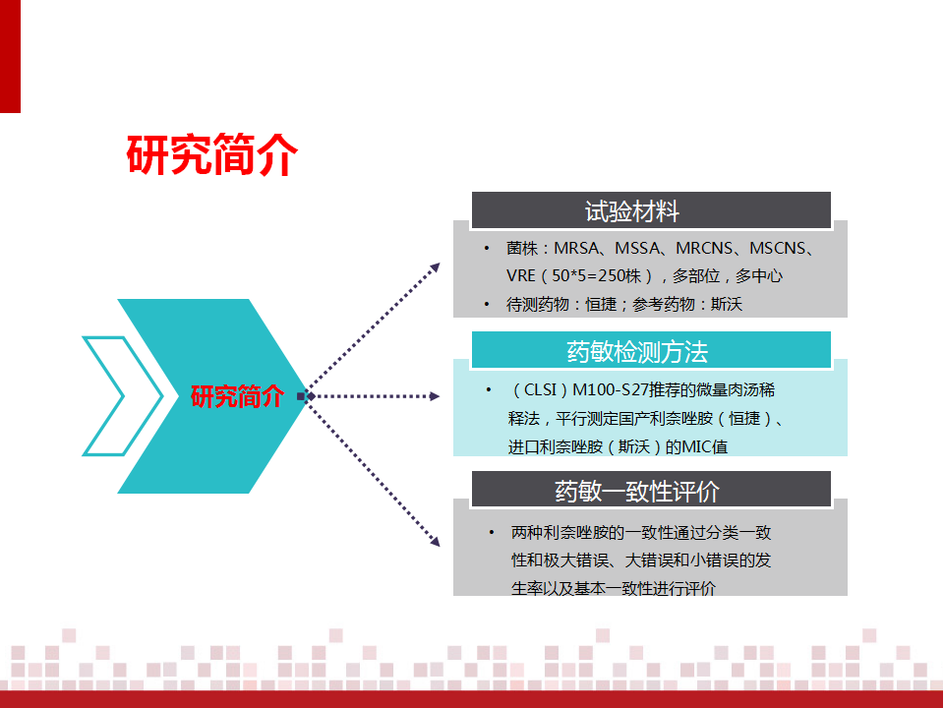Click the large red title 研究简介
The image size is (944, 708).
click(x=212, y=154)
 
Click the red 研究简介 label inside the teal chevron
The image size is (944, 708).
click(x=237, y=396)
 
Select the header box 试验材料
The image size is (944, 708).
click(x=651, y=210)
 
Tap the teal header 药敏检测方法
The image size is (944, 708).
click(x=651, y=350)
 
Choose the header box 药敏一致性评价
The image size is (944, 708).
click(x=651, y=490)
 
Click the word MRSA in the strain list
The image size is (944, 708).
click(x=576, y=248)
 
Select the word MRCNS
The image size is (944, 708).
click(x=704, y=248)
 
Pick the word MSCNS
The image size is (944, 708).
click(x=778, y=248)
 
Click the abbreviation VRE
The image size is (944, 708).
click(x=521, y=275)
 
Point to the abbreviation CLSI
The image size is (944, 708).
click(x=540, y=390)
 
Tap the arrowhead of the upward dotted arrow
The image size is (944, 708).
click(x=435, y=268)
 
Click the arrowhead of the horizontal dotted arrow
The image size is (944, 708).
click(x=434, y=396)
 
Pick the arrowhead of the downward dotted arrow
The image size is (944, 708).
click(x=435, y=541)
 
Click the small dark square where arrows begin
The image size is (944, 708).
click(x=302, y=396)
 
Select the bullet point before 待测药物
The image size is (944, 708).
click(x=487, y=305)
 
